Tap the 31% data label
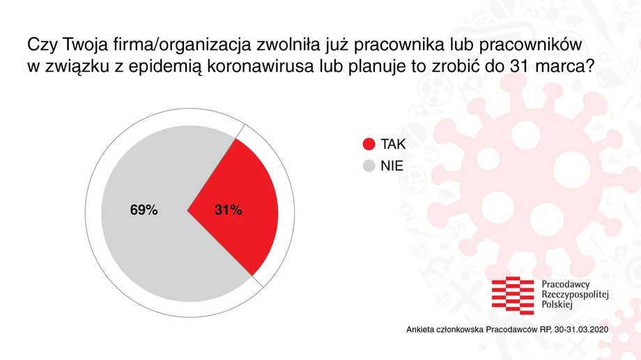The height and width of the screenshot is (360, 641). pos(228,210)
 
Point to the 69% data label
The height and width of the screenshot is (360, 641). pos(144,210)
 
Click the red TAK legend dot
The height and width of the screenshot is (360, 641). pos(369,144)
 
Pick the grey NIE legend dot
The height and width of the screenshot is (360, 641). pos(369,166)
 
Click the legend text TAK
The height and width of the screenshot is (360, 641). pos(393,144)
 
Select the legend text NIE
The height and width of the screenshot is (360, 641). pos(392,166)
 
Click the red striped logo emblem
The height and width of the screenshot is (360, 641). pos(513,295)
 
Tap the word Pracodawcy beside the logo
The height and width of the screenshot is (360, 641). pos(566,285)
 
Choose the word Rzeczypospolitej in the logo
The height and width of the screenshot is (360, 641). pos(576,295)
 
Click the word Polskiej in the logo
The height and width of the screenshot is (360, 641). pos(557,305)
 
